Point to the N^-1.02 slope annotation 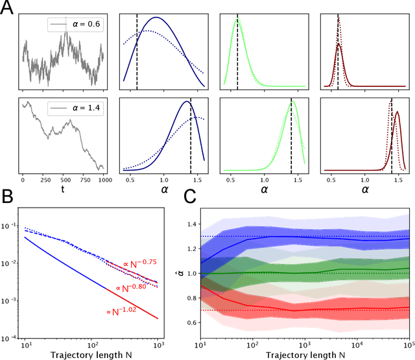point(123,311)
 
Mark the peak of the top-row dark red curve point(338,44)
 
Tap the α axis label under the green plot point(265,191)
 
